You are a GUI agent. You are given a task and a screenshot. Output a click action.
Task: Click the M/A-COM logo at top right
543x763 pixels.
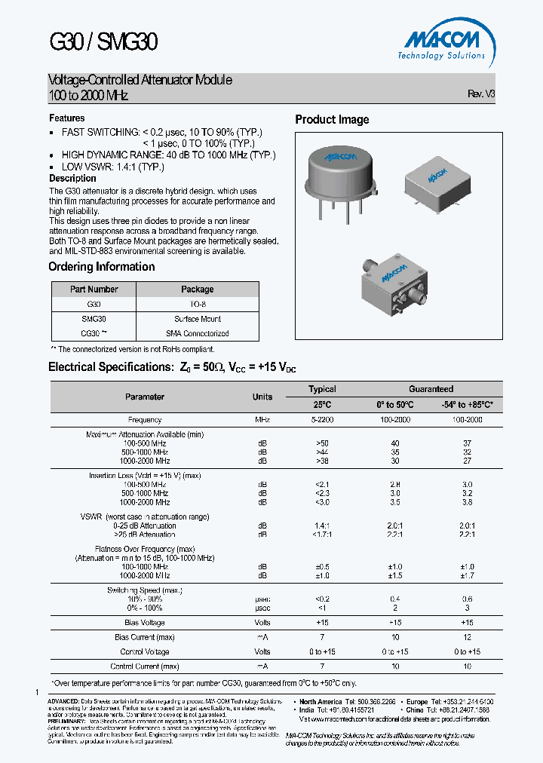click(442, 42)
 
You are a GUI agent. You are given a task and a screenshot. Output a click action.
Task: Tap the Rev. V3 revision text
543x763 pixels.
click(481, 95)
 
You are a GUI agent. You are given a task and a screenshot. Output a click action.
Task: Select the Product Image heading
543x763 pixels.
click(332, 120)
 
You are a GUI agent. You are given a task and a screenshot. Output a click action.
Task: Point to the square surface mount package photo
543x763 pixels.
click(433, 181)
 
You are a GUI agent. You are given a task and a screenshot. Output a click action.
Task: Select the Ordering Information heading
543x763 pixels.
click(101, 267)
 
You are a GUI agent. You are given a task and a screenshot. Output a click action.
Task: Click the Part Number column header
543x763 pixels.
click(94, 290)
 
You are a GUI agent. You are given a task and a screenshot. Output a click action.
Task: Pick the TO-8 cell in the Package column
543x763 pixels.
click(198, 304)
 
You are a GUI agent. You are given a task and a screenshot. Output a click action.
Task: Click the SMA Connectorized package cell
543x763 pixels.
click(198, 333)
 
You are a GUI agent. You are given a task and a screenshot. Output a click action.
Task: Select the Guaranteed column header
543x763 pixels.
click(431, 389)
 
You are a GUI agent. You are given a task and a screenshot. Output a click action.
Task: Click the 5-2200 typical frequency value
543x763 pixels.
click(322, 420)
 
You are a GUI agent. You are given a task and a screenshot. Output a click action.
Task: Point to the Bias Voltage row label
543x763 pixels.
click(145, 623)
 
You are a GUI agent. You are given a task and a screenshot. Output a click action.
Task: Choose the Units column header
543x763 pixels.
click(262, 397)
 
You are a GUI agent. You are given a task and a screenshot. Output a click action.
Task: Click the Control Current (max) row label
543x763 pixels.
click(145, 666)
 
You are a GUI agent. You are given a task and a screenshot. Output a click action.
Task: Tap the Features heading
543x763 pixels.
click(67, 118)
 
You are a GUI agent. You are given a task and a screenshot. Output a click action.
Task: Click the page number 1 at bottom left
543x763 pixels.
click(37, 692)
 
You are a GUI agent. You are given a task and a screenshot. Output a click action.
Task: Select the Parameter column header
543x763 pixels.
click(145, 397)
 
